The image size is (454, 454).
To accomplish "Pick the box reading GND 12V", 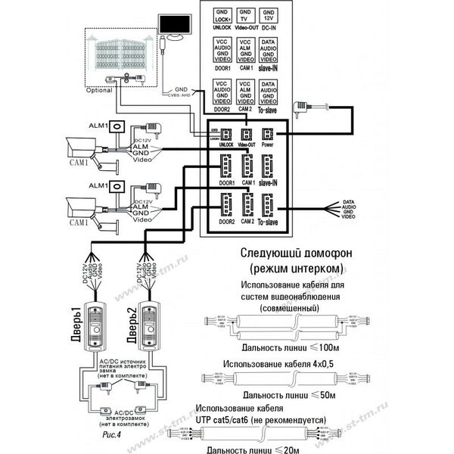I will click(268, 17).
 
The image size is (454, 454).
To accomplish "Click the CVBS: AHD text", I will click(178, 97).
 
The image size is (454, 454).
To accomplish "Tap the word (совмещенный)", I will click(291, 308).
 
